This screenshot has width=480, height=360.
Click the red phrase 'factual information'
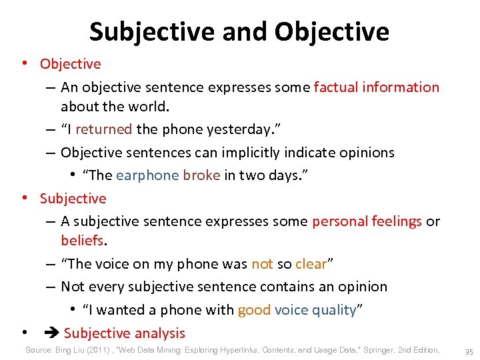376,87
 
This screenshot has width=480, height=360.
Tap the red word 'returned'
105,130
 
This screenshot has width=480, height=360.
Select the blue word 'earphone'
147,175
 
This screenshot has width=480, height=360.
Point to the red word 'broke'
201,175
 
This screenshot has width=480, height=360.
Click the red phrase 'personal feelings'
367,221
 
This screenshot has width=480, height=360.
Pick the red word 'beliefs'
81,239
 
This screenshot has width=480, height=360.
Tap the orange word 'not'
262,264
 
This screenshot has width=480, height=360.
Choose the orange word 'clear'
311,264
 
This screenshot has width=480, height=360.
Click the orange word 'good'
254,310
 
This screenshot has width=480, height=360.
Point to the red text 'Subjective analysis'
125,333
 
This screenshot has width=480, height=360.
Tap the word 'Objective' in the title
331,31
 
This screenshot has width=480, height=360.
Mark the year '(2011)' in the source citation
102,350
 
